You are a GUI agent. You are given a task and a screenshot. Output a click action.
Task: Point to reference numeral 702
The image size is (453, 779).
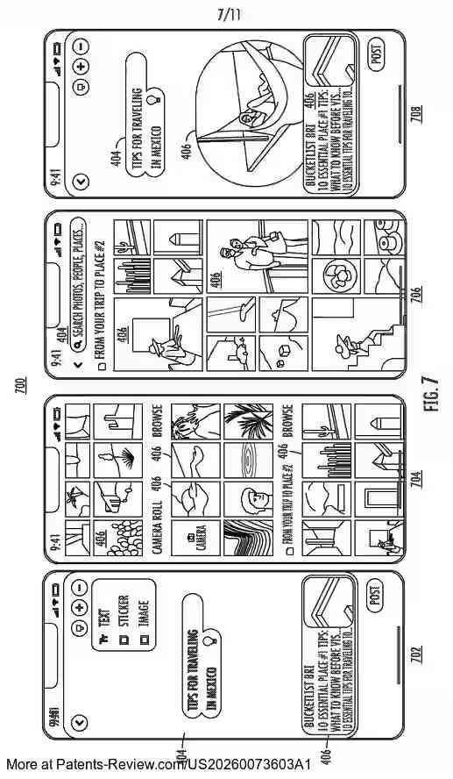click(x=415, y=654)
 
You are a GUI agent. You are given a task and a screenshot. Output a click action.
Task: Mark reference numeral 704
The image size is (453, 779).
click(x=415, y=478)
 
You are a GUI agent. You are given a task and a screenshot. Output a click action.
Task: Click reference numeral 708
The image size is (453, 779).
click(x=415, y=114)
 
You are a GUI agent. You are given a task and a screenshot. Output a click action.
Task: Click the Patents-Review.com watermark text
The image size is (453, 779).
click(x=158, y=765)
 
